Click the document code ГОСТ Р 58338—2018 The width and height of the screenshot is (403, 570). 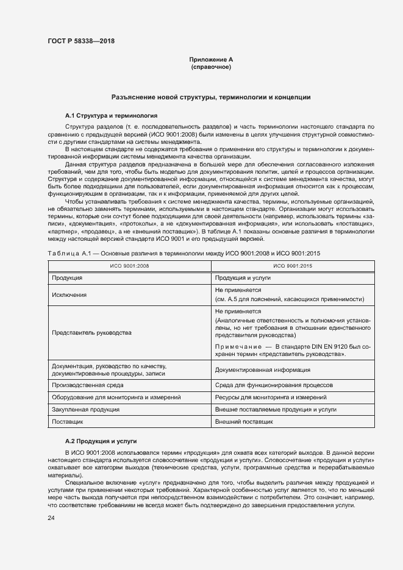pyautogui.click(x=81, y=41)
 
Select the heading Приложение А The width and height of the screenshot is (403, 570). pyautogui.click(x=211, y=60)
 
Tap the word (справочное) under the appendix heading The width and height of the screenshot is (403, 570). pyautogui.click(x=211, y=67)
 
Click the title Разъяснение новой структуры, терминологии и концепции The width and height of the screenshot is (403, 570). pyautogui.click(x=211, y=97)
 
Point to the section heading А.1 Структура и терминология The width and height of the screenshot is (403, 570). pyautogui.click(x=111, y=115)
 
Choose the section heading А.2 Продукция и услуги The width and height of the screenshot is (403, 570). pyautogui.click(x=100, y=440)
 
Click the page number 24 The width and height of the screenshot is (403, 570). pyautogui.click(x=51, y=518)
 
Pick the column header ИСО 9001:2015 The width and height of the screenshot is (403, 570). pyautogui.click(x=291, y=266)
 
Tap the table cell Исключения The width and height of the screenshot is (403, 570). pyautogui.click(x=69, y=294)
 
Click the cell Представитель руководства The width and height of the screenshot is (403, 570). pyautogui.click(x=91, y=333)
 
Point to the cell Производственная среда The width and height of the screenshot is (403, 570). pyautogui.click(x=88, y=385)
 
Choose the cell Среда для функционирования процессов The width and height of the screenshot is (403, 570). pyautogui.click(x=274, y=385)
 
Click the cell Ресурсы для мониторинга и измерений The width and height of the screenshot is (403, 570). pyautogui.click(x=273, y=397)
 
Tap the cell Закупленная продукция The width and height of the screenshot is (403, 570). pyautogui.click(x=85, y=410)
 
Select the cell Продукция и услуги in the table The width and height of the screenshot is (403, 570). pyautogui.click(x=243, y=277)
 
